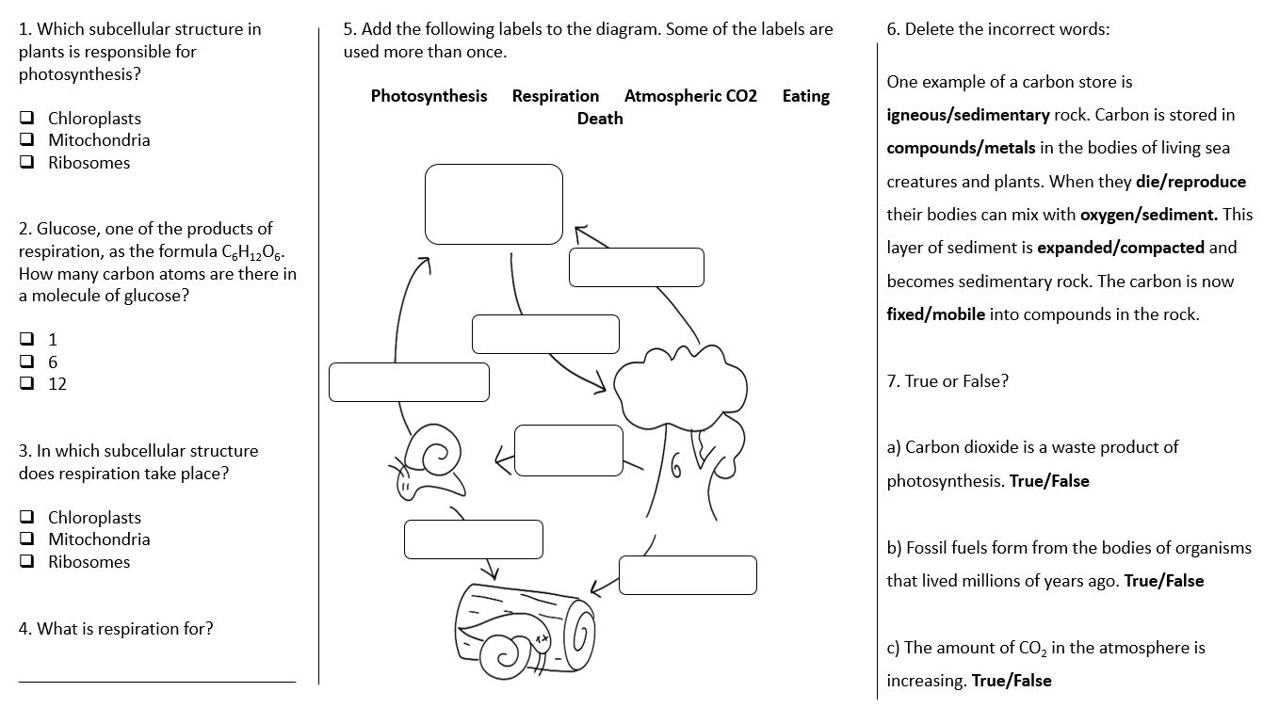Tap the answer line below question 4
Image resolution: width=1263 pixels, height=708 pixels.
156,679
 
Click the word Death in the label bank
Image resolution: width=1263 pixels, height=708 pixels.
600,119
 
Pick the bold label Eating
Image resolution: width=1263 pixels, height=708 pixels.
805,96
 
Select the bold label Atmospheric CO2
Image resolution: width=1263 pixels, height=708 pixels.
689,96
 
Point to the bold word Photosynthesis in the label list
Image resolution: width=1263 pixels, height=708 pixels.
429,96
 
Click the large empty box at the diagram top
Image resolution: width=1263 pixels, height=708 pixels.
494,204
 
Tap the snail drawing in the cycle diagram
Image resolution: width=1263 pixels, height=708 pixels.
429,466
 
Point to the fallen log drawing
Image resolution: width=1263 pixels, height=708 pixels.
524,625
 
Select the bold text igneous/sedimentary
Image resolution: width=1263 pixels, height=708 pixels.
967,116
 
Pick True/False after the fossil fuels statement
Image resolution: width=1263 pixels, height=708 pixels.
1163,581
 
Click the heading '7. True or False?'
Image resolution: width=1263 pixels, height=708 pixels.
947,381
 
